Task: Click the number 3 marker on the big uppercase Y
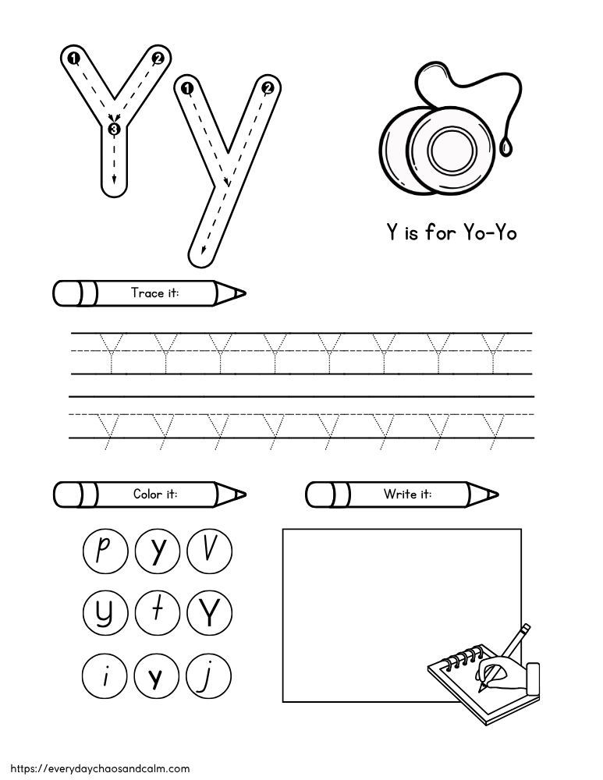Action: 115,129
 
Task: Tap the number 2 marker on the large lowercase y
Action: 268,88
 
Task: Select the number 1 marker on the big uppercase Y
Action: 72,58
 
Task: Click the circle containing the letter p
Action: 104,551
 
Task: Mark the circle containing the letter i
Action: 104,672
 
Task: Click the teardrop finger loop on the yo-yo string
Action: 509,145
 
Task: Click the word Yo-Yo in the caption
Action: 490,232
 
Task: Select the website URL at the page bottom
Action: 95,768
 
